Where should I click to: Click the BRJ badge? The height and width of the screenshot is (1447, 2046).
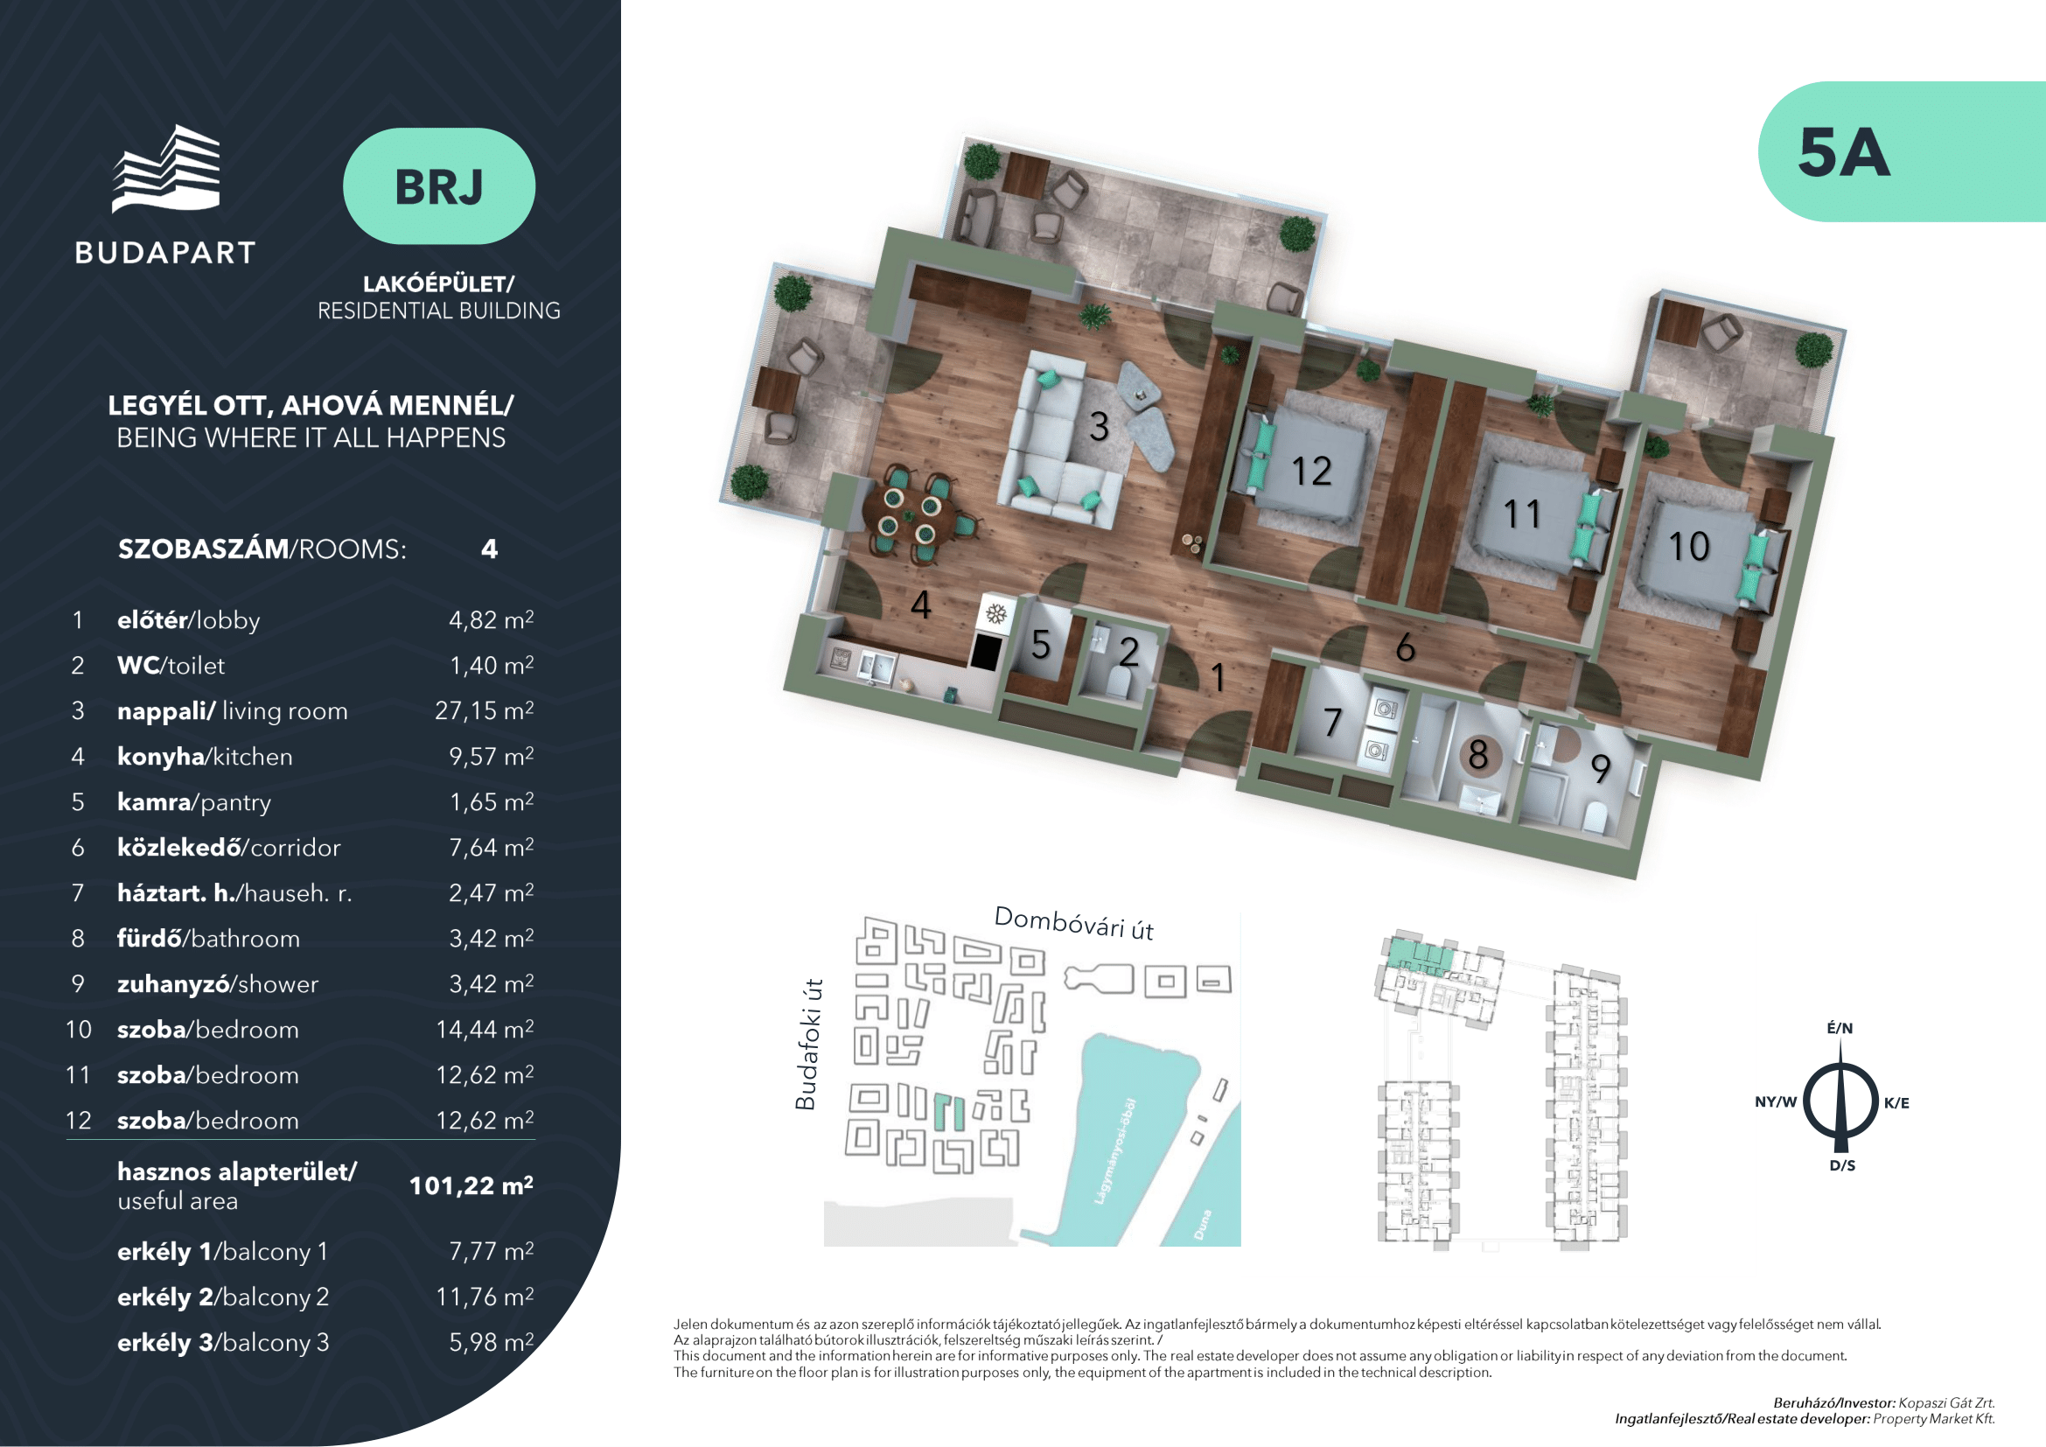click(x=438, y=186)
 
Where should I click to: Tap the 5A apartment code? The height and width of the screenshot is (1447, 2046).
click(x=1843, y=152)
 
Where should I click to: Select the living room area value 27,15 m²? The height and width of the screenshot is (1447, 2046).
click(x=484, y=710)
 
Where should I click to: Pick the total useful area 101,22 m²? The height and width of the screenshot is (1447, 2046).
click(x=471, y=1185)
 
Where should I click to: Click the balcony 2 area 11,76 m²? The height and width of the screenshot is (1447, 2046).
click(x=484, y=1297)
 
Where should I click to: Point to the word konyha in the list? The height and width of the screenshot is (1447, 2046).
click(x=160, y=757)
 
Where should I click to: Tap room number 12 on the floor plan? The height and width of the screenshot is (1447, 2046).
click(x=1311, y=472)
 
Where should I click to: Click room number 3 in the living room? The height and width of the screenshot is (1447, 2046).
click(x=1099, y=427)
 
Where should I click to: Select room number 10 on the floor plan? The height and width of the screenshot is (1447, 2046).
click(x=1687, y=546)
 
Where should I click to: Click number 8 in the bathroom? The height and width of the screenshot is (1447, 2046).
click(x=1477, y=755)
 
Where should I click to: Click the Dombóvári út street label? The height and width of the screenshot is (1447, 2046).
click(x=1073, y=923)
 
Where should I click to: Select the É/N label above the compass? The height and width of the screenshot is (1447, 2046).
click(x=1840, y=1028)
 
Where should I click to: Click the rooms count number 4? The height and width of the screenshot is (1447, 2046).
click(x=489, y=549)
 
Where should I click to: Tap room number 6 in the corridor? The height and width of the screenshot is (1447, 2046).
click(x=1405, y=647)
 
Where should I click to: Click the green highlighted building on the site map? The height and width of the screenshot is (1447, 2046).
click(x=949, y=1112)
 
